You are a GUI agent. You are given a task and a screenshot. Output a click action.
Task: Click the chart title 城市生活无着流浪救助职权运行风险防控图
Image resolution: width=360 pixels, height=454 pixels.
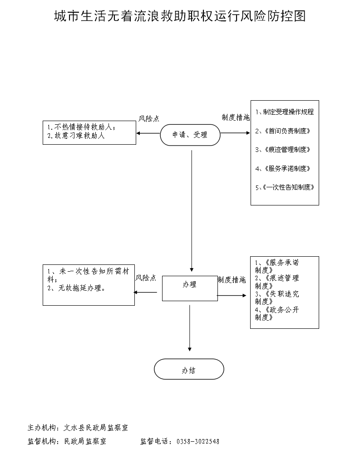coord(180,16)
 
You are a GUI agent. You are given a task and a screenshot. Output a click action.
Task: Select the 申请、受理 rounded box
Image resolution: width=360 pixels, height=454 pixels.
coord(190,135)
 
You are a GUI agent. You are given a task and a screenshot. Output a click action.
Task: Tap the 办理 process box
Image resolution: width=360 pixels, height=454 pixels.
coord(190,285)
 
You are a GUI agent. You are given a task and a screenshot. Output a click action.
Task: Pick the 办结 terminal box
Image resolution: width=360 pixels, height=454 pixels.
coord(189,370)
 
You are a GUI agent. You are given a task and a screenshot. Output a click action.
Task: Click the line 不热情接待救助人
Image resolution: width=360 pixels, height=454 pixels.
coord(82,127)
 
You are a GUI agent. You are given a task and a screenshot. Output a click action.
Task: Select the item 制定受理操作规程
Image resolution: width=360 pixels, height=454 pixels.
coord(285,112)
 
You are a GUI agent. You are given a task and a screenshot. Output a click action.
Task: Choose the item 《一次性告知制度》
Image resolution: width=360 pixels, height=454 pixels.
coord(285,187)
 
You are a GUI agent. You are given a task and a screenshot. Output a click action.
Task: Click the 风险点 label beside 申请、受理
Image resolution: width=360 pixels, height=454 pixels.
coord(149,119)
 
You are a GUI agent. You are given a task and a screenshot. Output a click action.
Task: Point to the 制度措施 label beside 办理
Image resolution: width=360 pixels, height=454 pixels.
coord(232,280)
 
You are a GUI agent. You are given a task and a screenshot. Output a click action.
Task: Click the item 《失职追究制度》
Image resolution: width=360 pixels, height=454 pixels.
coord(277,298)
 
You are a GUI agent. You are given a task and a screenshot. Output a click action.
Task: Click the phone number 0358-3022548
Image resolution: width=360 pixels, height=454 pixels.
coord(197,441)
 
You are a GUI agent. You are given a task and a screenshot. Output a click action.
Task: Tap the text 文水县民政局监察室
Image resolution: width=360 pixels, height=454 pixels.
coord(96,427)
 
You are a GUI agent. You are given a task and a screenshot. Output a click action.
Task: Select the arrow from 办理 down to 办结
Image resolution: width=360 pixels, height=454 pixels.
coord(190,327)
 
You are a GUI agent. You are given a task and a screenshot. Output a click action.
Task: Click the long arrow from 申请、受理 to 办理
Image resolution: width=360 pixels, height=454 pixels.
coord(192,209)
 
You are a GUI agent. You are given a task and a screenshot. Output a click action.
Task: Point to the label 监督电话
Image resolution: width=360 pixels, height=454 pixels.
coord(154,441)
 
